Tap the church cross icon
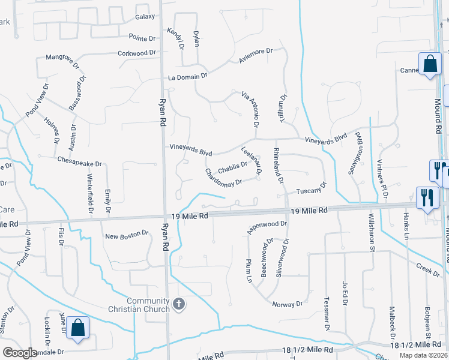178,304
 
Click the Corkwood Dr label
136,53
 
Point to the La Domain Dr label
187,77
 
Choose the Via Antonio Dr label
250,110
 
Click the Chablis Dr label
232,166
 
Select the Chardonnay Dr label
223,178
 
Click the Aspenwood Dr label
267,227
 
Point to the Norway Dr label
287,304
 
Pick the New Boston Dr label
127,235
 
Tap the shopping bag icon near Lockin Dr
77,328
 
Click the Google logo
20,353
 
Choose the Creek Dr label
428,268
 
